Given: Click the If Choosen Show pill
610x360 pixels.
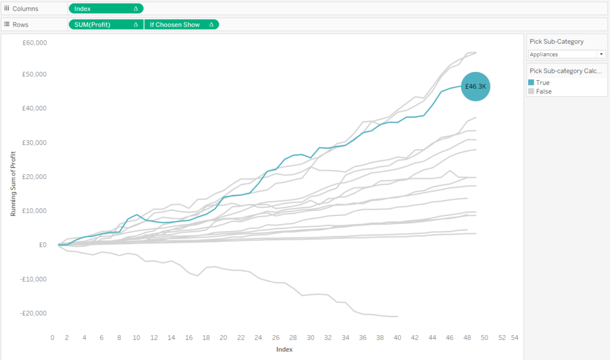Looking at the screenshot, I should pyautogui.click(x=181, y=24).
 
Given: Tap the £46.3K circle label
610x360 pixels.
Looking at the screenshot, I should pyautogui.click(x=476, y=86).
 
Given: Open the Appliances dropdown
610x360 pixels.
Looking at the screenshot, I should pyautogui.click(x=567, y=54).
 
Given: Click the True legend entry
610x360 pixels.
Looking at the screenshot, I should pyautogui.click(x=542, y=83).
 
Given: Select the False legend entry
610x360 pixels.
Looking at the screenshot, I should pyautogui.click(x=543, y=91).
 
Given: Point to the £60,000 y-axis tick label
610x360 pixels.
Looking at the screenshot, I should pyautogui.click(x=35, y=42).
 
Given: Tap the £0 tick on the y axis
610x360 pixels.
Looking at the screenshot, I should pyautogui.click(x=42, y=245).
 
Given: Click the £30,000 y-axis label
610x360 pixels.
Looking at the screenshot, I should pyautogui.click(x=35, y=142).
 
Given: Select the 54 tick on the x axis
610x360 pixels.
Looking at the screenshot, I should pyautogui.click(x=515, y=337).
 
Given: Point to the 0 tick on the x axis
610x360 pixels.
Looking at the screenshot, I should pyautogui.click(x=52, y=337).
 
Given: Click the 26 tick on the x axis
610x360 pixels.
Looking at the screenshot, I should pyautogui.click(x=276, y=337).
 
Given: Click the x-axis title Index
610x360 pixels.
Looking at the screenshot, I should pyautogui.click(x=284, y=349).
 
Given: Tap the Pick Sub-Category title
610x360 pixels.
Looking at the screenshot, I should pyautogui.click(x=556, y=41).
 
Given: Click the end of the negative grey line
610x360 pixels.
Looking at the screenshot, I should pyautogui.click(x=398, y=316).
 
